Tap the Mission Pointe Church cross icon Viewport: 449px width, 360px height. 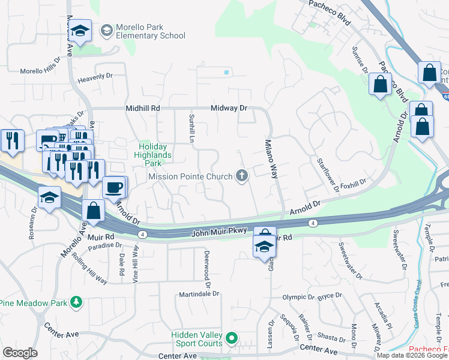pos(242,176)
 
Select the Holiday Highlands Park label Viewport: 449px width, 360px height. pos(155,154)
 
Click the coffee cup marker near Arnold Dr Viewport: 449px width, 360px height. pos(114,187)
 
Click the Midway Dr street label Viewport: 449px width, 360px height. pos(229,108)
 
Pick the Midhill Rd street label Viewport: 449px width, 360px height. pos(143,108)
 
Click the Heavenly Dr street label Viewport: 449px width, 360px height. pos(95,77)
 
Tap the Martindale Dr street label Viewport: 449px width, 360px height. pos(199,295)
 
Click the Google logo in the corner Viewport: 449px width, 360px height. pos(20,353)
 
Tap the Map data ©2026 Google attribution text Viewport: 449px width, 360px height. pos(412,355)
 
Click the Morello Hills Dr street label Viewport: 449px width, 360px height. pos(40,70)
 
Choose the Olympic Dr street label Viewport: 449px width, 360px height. pos(298,297)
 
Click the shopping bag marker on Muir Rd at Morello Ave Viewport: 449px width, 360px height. pos(94,211)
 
